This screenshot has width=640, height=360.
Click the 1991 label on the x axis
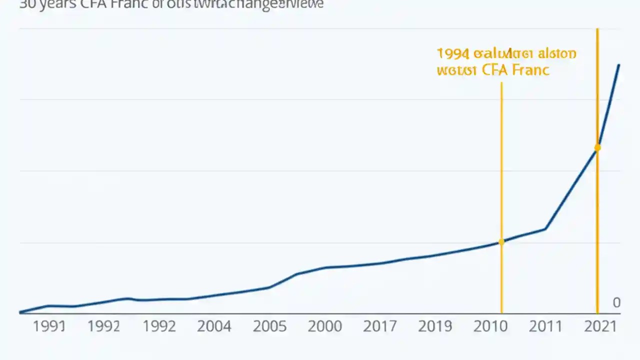point(49,326)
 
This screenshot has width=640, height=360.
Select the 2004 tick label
point(214,326)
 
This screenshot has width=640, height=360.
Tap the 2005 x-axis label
point(269,326)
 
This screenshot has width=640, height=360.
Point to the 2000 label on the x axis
point(324,326)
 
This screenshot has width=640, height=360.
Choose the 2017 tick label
point(380,326)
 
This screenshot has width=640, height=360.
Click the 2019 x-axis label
point(435,326)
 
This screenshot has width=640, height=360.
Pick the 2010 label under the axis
point(490,326)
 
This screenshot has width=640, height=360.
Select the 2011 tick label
point(545,326)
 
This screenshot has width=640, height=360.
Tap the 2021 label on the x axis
point(600,326)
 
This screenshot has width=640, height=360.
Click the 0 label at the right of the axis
point(616,302)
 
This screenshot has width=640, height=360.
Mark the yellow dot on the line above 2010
point(501,241)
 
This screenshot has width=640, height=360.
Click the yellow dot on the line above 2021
point(597,147)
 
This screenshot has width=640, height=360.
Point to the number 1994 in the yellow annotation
point(452,53)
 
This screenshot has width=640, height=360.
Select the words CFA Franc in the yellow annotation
point(515,70)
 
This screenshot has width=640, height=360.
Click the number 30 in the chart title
point(26,4)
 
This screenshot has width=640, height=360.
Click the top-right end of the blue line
point(619,65)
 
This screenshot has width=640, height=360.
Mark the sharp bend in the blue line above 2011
point(545,229)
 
